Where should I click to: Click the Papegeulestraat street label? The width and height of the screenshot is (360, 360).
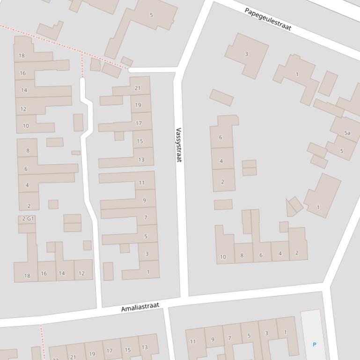click(268, 19)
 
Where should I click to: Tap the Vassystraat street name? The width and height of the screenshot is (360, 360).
click(178, 145)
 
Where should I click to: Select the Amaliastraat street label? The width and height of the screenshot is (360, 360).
click(140, 307)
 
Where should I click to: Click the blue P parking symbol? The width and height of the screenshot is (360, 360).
click(314, 345)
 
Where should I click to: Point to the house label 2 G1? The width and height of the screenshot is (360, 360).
click(28, 219)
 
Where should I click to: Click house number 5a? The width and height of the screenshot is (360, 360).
click(347, 133)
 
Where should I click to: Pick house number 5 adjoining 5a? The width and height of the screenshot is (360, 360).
click(341, 151)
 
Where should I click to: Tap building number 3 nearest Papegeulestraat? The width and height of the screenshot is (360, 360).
click(246, 54)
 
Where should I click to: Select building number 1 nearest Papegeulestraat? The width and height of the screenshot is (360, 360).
click(297, 74)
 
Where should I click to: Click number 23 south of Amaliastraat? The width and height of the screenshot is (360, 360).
click(56, 359)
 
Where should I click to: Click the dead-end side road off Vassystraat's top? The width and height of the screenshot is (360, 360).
click(153, 70)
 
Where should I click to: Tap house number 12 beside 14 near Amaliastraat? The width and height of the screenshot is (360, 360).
click(81, 274)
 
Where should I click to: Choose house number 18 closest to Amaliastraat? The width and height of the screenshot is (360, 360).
click(27, 276)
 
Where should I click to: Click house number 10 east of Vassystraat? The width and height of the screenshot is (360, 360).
click(223, 257)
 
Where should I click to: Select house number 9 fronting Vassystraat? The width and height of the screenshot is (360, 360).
click(144, 201)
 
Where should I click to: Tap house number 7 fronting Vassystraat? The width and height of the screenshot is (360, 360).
click(146, 217)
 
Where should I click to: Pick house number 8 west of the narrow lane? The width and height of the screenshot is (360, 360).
click(28, 151)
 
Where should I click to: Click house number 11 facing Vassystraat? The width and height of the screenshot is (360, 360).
click(141, 183)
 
